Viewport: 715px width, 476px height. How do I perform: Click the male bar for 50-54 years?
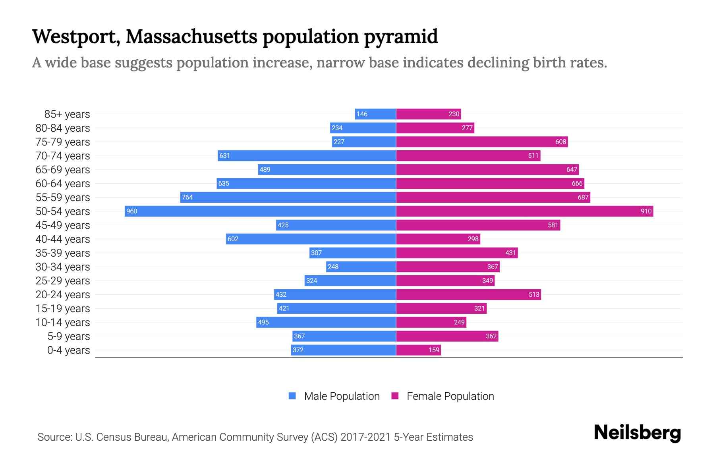[x=260, y=211]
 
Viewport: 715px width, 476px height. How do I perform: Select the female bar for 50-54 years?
[x=524, y=211]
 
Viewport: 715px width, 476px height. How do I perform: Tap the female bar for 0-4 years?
[x=418, y=350]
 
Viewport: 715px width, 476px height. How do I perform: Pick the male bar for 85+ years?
[x=375, y=114]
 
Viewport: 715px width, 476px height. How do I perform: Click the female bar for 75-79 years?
[x=482, y=142]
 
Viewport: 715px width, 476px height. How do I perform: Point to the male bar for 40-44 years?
[x=311, y=239]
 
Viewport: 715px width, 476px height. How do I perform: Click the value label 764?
[x=187, y=197]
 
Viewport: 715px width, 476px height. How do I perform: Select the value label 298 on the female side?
[x=473, y=239]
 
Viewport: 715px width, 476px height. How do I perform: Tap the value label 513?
[x=534, y=294]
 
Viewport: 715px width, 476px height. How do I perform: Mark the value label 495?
[x=263, y=322]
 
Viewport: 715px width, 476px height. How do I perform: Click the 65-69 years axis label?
[x=63, y=170]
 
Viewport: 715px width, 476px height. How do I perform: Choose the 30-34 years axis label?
[x=63, y=267]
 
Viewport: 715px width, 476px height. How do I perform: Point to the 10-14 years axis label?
[x=63, y=322]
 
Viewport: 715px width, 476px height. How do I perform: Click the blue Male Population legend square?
[x=292, y=396]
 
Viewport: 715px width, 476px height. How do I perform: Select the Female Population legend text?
[x=450, y=396]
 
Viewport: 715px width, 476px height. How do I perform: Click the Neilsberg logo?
[x=637, y=433]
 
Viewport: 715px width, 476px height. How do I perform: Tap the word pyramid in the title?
[x=401, y=36]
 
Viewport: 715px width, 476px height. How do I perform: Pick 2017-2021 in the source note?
[x=365, y=437]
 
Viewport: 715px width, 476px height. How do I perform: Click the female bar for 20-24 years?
[x=468, y=294]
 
